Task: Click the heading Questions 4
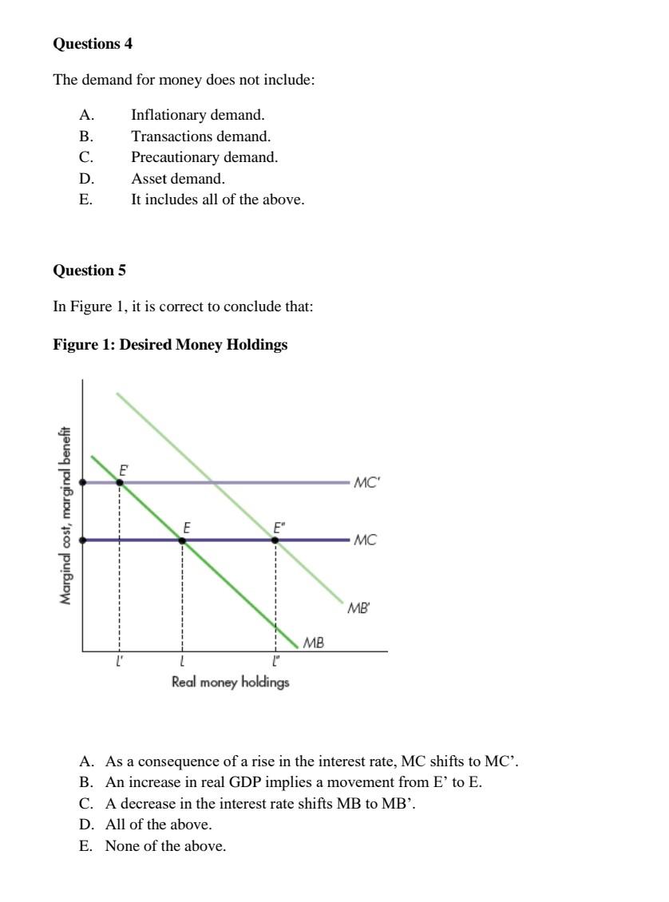[93, 44]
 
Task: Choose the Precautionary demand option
[204, 157]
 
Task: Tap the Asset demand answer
[178, 179]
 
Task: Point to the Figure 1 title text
[170, 345]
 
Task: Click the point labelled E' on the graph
[120, 482]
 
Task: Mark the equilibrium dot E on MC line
[183, 540]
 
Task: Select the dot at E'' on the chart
[275, 540]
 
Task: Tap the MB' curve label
[358, 608]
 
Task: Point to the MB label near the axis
[314, 642]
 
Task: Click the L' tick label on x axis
[120, 661]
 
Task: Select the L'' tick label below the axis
[276, 661]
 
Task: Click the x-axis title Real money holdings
[230, 682]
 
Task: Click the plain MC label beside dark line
[365, 540]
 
